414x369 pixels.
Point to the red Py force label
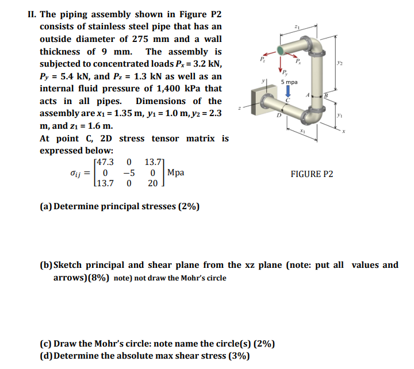coord(286,72)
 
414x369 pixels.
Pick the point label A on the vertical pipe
coord(309,94)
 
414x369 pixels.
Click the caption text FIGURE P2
coord(312,174)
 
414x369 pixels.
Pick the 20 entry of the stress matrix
coord(152,183)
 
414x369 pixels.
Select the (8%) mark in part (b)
coord(98,278)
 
